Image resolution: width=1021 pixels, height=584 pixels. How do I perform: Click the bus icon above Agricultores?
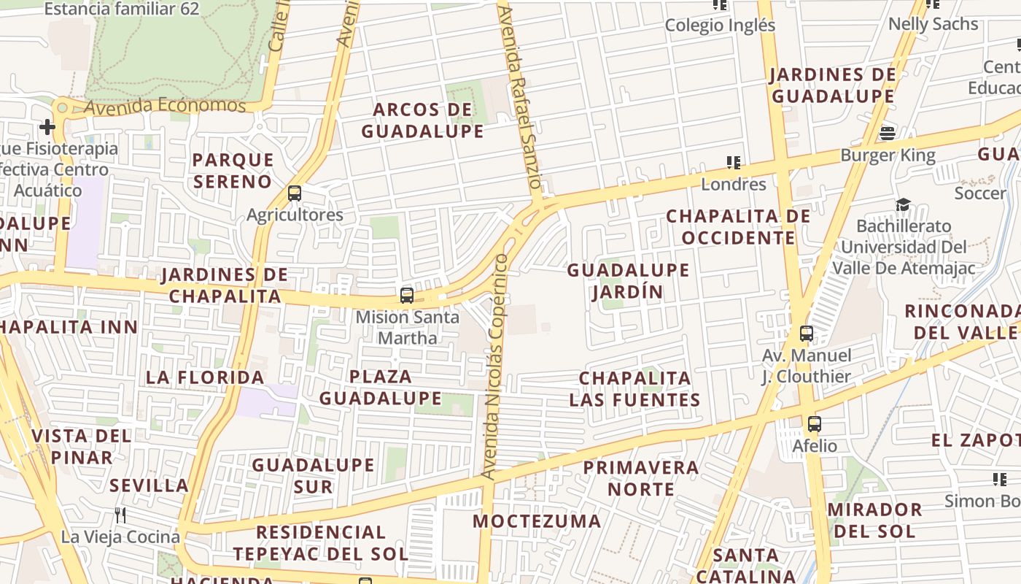pos(295,193)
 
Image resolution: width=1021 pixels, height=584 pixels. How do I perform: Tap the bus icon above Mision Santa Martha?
pos(407,296)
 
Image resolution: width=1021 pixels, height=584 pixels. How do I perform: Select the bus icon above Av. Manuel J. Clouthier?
pos(806,334)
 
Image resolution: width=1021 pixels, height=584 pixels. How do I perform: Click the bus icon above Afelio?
pos(815,424)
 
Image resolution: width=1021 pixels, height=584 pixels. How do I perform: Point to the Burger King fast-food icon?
pos(888,134)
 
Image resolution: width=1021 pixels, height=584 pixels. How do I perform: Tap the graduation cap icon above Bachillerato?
pos(903,204)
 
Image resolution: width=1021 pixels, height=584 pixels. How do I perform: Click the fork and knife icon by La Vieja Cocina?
pos(120,515)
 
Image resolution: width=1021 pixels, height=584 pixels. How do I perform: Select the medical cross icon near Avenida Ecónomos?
pos(47,128)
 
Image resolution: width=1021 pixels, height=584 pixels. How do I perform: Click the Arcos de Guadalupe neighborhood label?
pos(422,120)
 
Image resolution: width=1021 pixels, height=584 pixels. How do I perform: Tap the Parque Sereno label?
pos(233,170)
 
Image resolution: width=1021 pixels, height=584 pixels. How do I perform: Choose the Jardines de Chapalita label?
pos(225,285)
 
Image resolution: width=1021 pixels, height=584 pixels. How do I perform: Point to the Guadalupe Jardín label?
pos(628,281)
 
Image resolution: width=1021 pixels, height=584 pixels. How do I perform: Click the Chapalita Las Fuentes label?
pos(634,389)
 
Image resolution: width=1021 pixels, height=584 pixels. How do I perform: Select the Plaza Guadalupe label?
pos(380,388)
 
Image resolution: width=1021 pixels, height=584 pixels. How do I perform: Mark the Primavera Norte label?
pos(641,477)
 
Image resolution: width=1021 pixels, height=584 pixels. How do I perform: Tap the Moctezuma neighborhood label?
pos(537,521)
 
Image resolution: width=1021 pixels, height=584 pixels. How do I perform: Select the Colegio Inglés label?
pos(720,26)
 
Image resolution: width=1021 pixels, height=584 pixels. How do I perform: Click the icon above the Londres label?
pos(733,162)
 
